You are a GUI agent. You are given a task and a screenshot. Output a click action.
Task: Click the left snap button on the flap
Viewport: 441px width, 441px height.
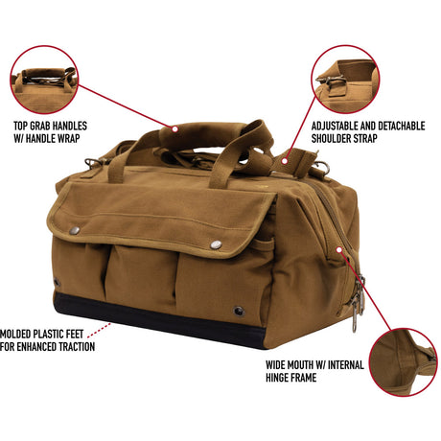[x=75, y=230]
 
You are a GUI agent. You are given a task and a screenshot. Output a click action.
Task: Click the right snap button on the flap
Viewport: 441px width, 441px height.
[x=216, y=244]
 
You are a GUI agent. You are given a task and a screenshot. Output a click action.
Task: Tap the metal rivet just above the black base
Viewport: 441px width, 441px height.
[x=239, y=311]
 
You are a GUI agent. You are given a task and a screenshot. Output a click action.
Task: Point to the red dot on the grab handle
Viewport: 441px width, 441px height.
[x=174, y=129]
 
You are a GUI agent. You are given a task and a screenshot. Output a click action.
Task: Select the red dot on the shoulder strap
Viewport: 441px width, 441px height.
[x=285, y=161]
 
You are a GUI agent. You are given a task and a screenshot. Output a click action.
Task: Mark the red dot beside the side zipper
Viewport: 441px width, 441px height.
[x=339, y=249]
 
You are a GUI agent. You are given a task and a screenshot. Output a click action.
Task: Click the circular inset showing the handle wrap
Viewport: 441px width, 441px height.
[x=44, y=80]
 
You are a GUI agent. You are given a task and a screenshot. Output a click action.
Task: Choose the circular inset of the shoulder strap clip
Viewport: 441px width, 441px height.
[x=345, y=80]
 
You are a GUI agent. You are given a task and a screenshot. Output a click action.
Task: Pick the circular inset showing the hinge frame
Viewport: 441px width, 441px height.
[x=404, y=362]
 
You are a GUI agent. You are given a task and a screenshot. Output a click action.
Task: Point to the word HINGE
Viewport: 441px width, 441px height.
[x=276, y=378]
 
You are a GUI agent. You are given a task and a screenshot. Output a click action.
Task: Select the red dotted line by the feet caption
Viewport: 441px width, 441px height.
[x=99, y=330]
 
